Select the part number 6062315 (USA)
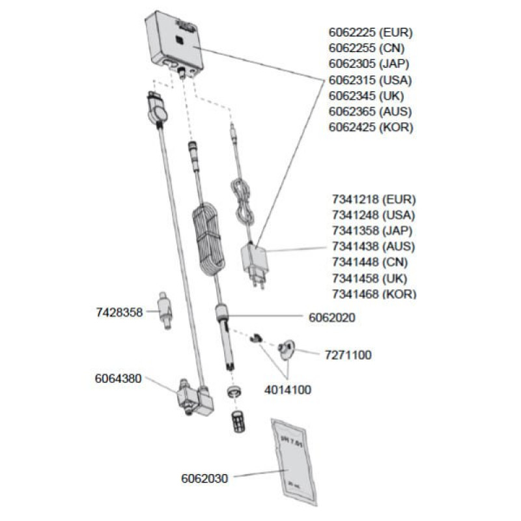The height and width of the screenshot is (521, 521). point(371,80)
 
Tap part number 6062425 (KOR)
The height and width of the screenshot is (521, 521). point(371,128)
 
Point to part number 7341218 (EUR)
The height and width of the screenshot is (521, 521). point(373,199)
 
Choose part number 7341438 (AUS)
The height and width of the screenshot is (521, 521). point(373,246)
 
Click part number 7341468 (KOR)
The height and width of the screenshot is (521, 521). point(373,294)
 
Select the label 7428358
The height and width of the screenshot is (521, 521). point(119,313)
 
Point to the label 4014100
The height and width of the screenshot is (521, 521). point(287,390)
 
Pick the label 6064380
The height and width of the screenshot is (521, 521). point(119,378)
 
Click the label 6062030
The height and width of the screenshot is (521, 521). point(204,479)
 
